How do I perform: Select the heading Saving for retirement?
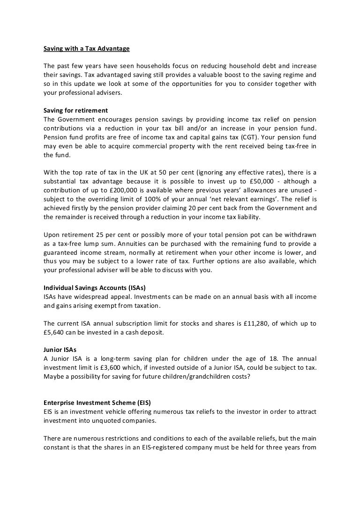point(75,110)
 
